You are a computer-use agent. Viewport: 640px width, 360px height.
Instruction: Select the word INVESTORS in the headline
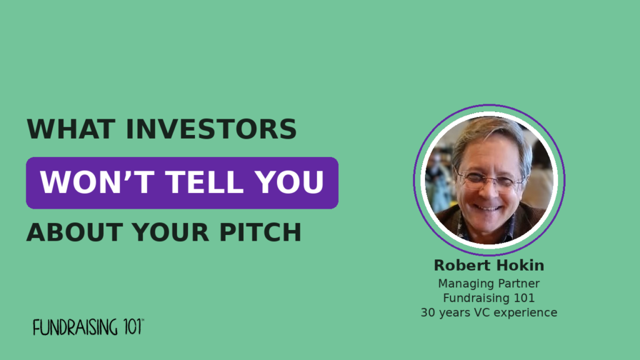(x=211, y=129)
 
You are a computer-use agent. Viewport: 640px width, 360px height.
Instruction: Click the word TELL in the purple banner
(x=204, y=182)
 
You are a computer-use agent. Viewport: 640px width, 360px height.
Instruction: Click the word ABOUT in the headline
(x=75, y=232)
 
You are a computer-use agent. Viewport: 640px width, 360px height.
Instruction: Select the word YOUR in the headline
(x=170, y=232)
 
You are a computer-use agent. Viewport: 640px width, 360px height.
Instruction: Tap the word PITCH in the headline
(x=260, y=232)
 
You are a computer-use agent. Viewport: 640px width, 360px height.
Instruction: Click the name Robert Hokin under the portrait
(x=489, y=265)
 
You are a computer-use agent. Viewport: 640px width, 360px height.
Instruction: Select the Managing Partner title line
(x=489, y=283)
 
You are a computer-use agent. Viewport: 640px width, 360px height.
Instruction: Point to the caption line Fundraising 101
(x=489, y=298)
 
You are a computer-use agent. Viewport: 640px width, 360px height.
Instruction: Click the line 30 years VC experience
(x=489, y=312)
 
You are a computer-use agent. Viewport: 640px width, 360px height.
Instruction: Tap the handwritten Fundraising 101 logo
(x=88, y=327)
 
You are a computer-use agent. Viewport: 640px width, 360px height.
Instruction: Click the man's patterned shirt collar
(x=486, y=230)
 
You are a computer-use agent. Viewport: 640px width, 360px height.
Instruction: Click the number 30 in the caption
(x=427, y=312)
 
